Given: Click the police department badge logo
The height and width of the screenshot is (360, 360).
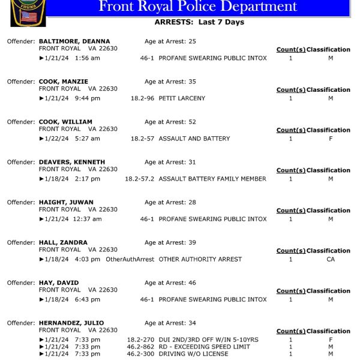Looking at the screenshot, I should (x=28, y=14).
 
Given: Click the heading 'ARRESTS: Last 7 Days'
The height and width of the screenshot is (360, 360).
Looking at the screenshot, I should (x=199, y=22).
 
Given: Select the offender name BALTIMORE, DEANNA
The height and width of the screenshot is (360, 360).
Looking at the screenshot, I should (x=74, y=41).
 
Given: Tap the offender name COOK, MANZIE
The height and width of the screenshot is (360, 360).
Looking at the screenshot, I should (x=64, y=82).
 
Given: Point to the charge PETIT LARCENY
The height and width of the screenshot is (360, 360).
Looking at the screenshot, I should (x=182, y=98).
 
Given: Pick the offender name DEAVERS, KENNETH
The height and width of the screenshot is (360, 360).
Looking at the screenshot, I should (x=72, y=162).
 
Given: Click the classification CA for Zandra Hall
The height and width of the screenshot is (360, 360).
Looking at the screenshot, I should (x=331, y=259).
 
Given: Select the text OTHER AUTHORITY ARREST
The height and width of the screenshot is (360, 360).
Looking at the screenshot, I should (x=200, y=259).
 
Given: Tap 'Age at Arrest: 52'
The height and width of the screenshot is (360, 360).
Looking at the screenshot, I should (x=170, y=122).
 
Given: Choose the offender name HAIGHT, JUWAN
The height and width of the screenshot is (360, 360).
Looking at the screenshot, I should (x=66, y=202).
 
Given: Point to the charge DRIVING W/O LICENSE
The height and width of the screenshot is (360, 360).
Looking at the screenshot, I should (x=193, y=354).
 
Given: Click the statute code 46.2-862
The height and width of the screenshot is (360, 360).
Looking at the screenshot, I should (x=140, y=347).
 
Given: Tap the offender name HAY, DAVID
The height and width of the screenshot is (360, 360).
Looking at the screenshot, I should (x=59, y=283).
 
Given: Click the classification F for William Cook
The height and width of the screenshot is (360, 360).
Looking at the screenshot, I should (x=331, y=139).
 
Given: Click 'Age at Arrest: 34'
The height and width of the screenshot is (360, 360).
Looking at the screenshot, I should (x=170, y=323).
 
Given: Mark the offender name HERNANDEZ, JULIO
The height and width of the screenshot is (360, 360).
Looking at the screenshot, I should (x=71, y=323).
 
